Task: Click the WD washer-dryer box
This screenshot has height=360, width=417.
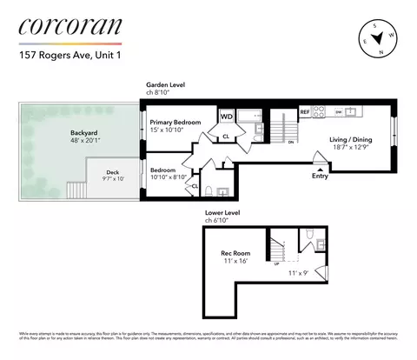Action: click(x=226, y=116)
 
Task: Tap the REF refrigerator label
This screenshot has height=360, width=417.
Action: click(x=305, y=112)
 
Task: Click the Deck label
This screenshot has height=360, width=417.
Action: click(x=112, y=172)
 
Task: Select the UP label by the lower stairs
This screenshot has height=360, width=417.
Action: click(x=276, y=263)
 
